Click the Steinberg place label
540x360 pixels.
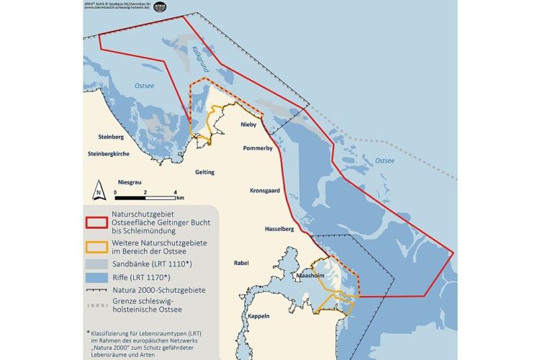click(x=111, y=137)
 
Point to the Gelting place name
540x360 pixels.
click(x=205, y=172)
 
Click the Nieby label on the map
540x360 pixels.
click(x=248, y=125)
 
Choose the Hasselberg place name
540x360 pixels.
click(x=271, y=228)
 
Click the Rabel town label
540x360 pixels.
click(x=241, y=263)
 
